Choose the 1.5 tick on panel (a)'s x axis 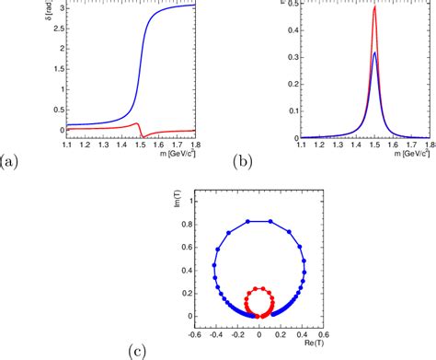[x=139, y=144]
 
